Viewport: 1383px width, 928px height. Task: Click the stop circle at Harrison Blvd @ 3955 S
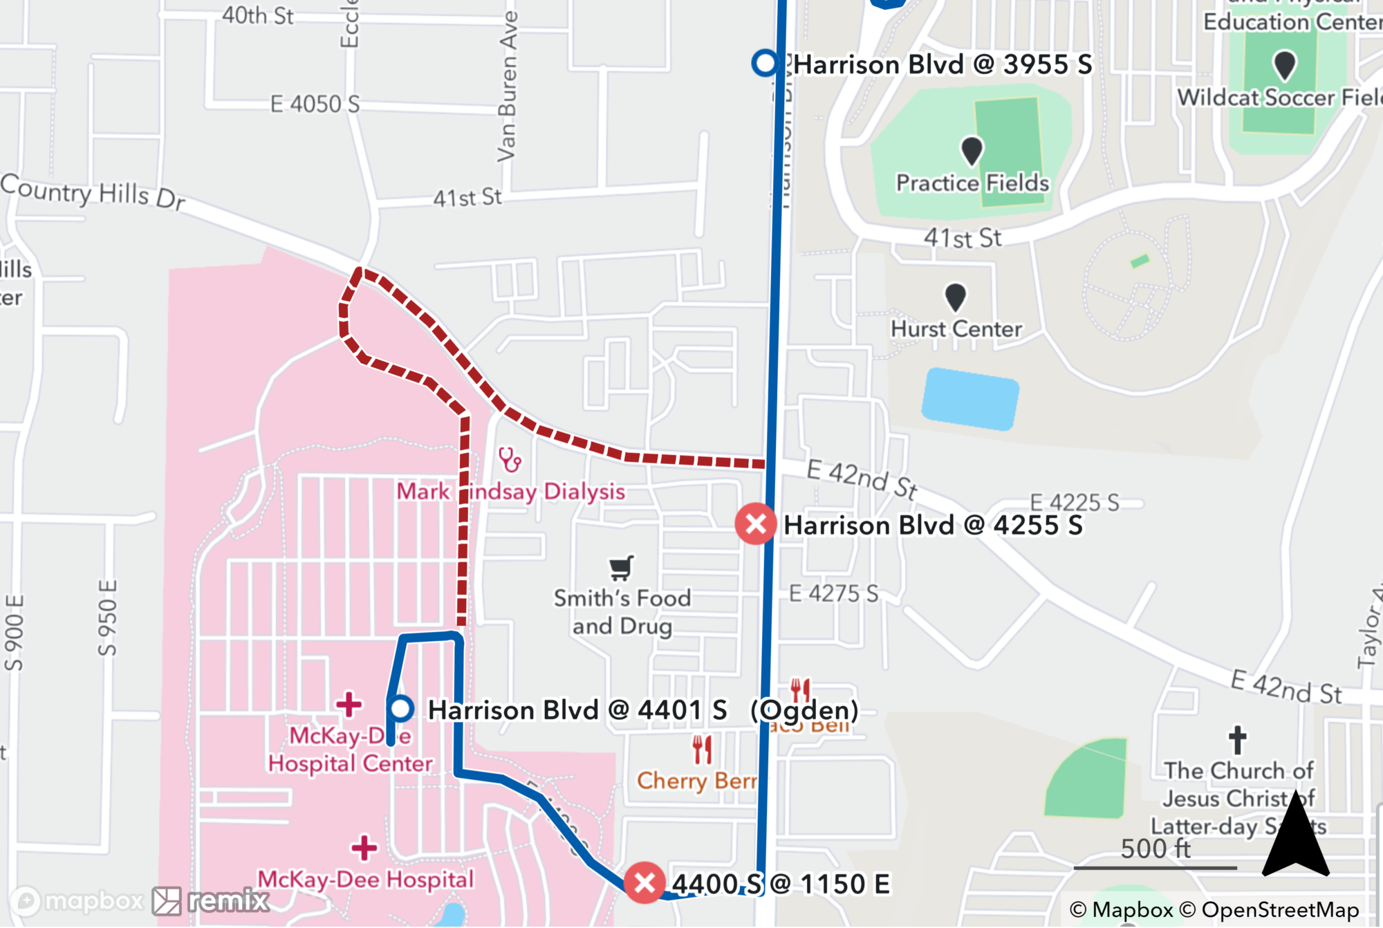(765, 63)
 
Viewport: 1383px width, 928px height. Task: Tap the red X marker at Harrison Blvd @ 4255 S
(755, 524)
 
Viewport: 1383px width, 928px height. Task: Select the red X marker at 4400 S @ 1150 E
(644, 882)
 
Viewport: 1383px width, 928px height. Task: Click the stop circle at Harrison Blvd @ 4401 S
(400, 709)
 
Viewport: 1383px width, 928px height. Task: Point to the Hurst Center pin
(955, 297)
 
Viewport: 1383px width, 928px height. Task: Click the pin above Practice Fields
(972, 150)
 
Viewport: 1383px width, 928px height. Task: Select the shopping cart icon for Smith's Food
(621, 568)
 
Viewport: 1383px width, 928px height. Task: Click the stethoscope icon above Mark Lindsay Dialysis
(510, 460)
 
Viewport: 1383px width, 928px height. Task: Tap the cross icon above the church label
(1237, 740)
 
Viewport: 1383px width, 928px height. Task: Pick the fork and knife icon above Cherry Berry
(702, 750)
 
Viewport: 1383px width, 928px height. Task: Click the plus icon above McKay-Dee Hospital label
(364, 848)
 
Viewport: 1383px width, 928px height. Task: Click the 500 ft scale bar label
(1155, 848)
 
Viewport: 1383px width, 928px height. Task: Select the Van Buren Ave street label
(508, 86)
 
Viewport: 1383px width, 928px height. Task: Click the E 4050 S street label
(315, 104)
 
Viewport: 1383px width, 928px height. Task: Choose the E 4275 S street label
(833, 593)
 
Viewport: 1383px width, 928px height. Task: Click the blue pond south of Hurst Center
(969, 399)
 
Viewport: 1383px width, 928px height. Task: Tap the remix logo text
(228, 900)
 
